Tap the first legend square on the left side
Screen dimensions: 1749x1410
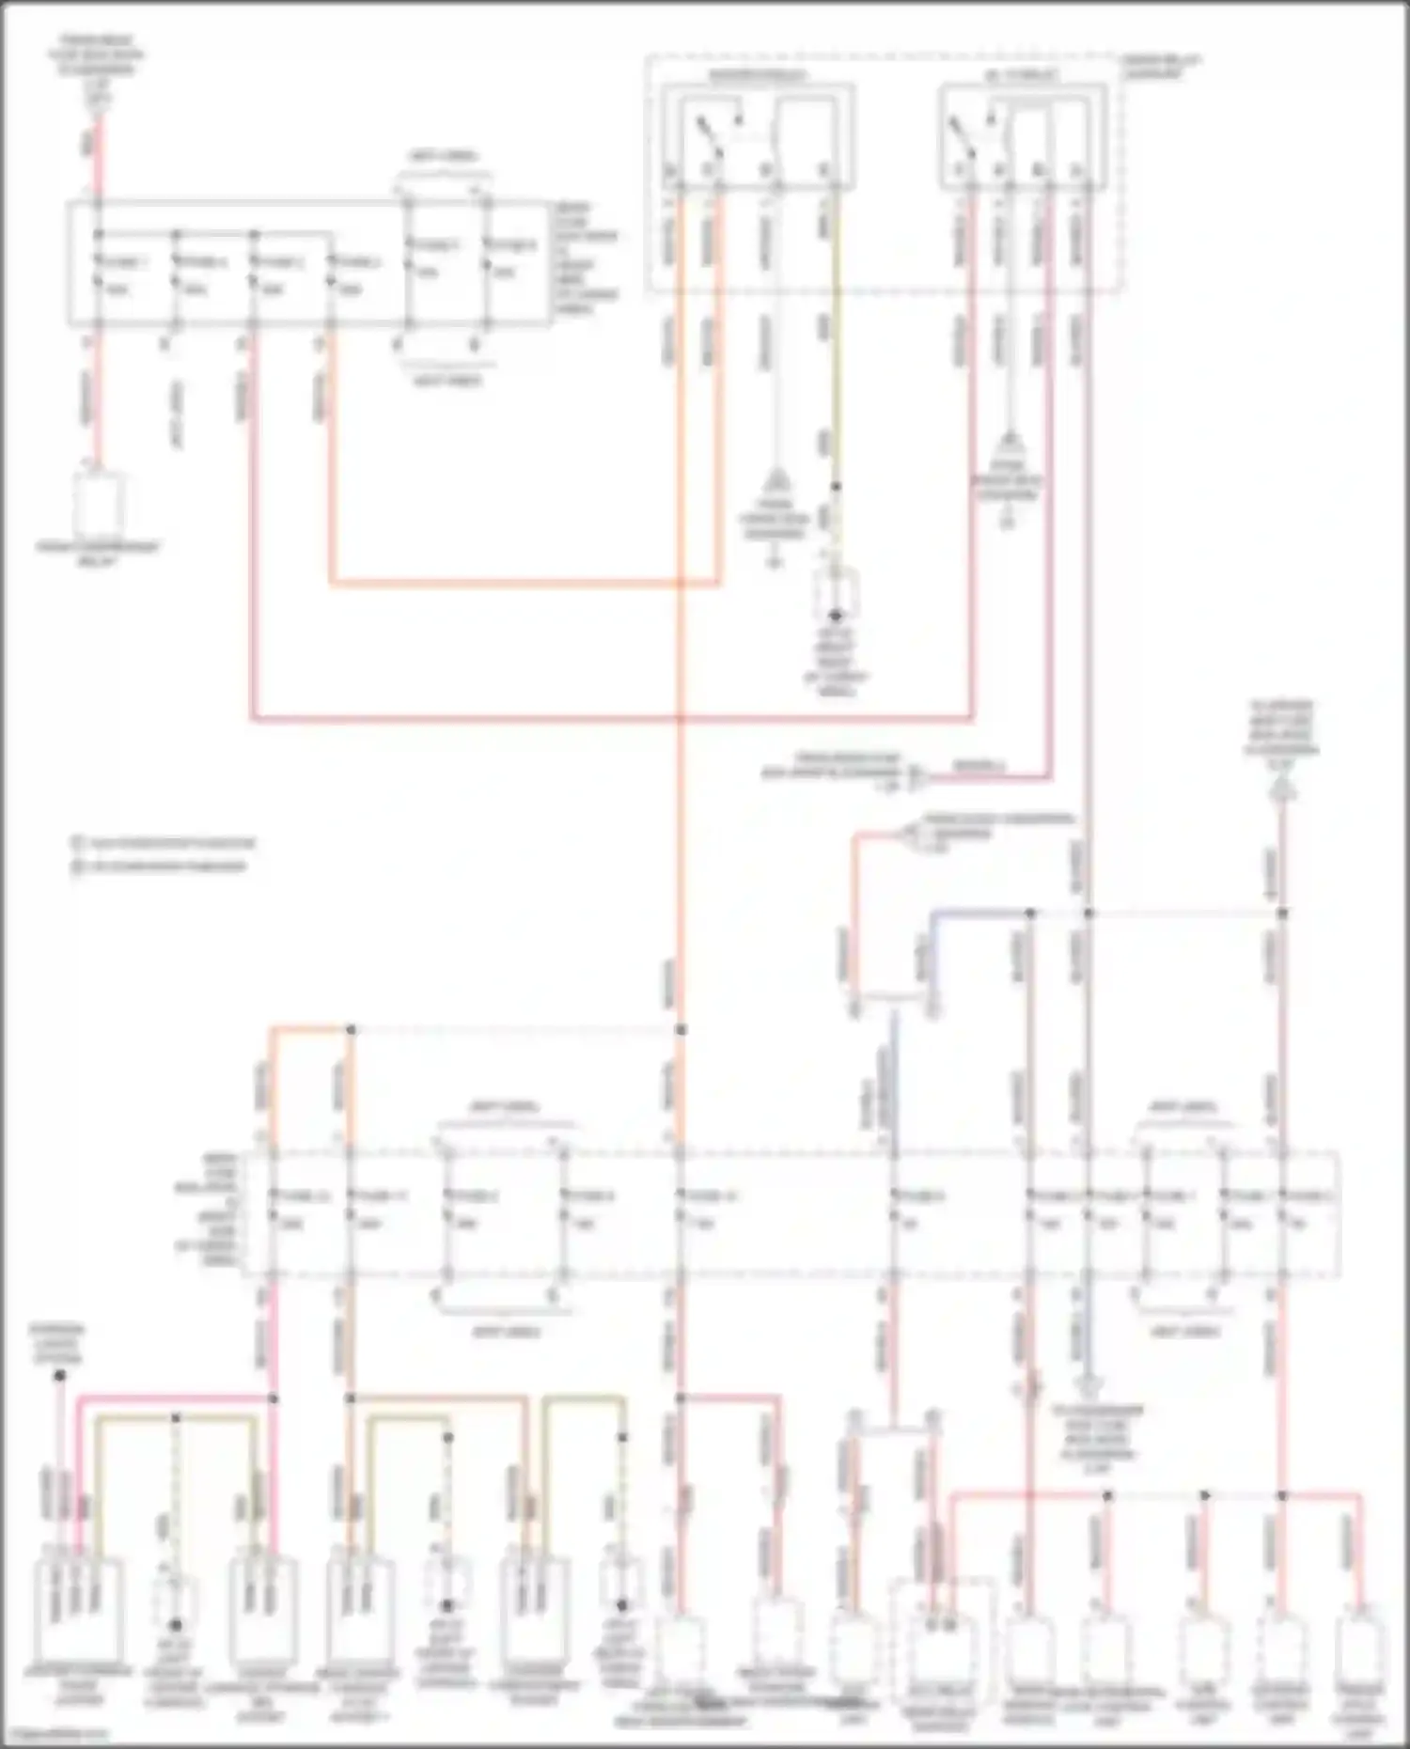77,843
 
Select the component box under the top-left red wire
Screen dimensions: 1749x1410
99,503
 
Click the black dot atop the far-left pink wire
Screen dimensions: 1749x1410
59,1376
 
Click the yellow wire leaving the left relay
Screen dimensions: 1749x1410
836,376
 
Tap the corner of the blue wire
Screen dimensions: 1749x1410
932,914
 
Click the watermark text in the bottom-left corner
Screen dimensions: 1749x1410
56,1735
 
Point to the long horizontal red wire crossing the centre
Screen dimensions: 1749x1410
611,720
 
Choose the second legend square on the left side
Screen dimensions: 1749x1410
77,866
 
